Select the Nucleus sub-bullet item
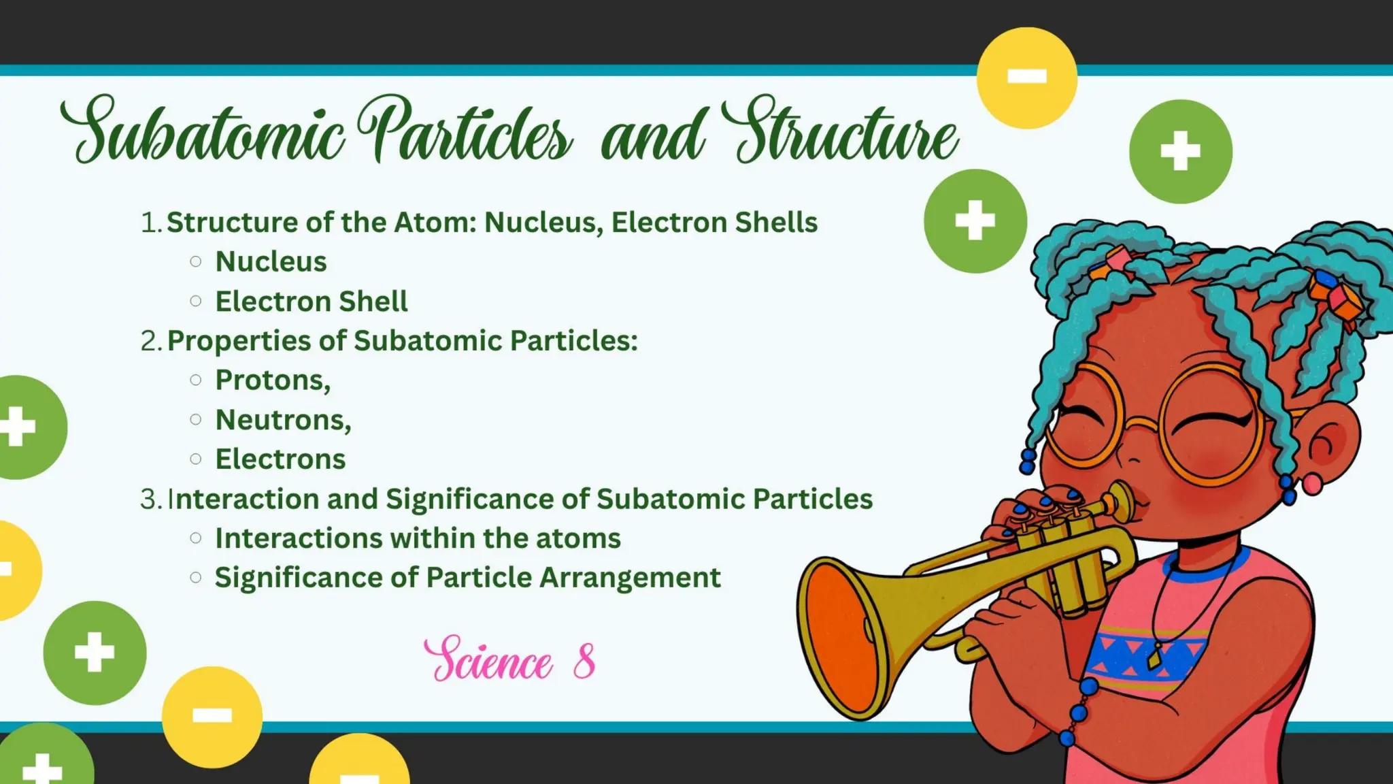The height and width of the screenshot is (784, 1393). pyautogui.click(x=271, y=262)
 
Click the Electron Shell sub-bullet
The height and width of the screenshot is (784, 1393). pyautogui.click(x=311, y=301)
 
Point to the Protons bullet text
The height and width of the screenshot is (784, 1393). pyautogui.click(x=273, y=380)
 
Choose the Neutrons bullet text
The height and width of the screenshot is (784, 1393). pyautogui.click(x=283, y=420)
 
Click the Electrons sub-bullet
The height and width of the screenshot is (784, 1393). pyautogui.click(x=280, y=459)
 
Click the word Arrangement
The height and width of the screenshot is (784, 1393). pyautogui.click(x=630, y=578)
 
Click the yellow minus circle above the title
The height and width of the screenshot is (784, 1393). pyautogui.click(x=1026, y=78)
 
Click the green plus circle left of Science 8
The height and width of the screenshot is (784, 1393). pyautogui.click(x=95, y=652)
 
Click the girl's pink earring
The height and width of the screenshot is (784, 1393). pyautogui.click(x=1312, y=484)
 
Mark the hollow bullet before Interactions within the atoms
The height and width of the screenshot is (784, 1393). pyautogui.click(x=196, y=538)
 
